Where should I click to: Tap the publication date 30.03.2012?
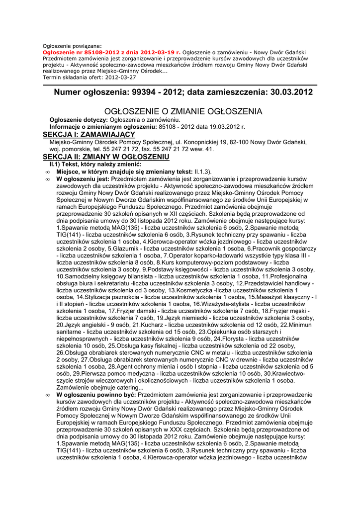click(x=288, y=92)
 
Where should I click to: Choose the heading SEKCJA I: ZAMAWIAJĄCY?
click(x=89, y=135)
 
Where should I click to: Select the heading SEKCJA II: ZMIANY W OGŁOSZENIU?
click(x=106, y=157)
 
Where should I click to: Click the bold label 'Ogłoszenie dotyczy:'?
click(x=79, y=120)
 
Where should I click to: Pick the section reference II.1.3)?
click(x=203, y=171)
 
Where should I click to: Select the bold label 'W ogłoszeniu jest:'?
click(x=83, y=179)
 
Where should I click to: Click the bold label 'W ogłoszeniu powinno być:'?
click(x=96, y=394)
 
